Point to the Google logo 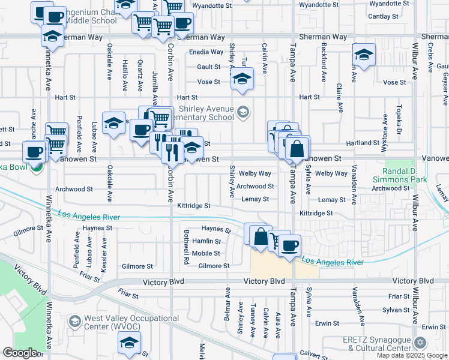pos(20,353)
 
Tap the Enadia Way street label pos(206,52)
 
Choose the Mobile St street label pos(206,253)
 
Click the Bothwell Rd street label pos(187,255)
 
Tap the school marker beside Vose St pos(242,79)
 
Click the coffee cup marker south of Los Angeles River pos(289,245)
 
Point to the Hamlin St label pos(206,241)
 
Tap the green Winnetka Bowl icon pos(37,167)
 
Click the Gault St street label pos(208,67)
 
